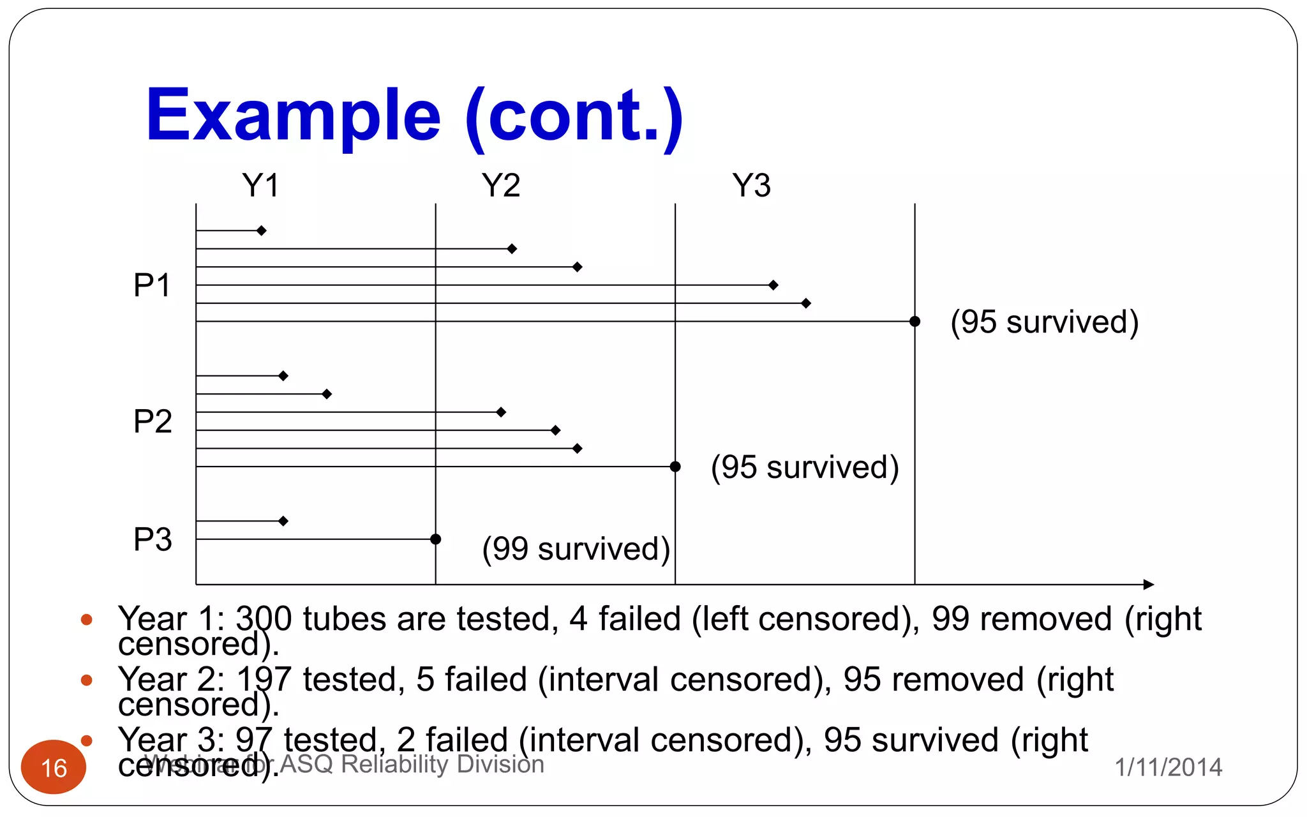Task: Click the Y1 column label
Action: (260, 186)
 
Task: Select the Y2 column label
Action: (500, 186)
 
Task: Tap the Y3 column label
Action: (751, 186)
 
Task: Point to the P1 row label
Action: (152, 285)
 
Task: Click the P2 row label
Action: (152, 421)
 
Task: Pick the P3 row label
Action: (152, 539)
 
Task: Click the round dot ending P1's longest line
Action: (915, 321)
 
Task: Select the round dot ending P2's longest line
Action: (675, 467)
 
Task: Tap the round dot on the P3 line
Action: (436, 539)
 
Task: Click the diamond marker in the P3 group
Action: (283, 521)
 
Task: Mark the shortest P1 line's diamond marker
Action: (261, 230)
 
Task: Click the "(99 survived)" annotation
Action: (576, 549)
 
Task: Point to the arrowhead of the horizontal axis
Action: (1149, 585)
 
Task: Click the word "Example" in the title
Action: (293, 116)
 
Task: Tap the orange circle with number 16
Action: (54, 767)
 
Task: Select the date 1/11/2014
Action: (1168, 767)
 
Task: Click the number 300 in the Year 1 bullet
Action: (264, 618)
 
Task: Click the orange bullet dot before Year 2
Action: (87, 680)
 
